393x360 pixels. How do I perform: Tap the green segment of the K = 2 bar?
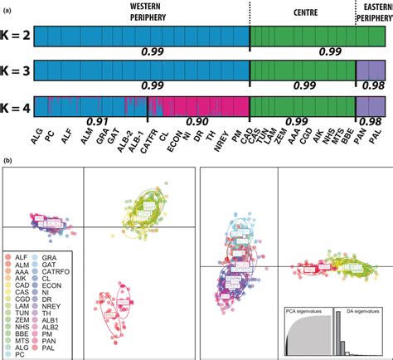point(301,39)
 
